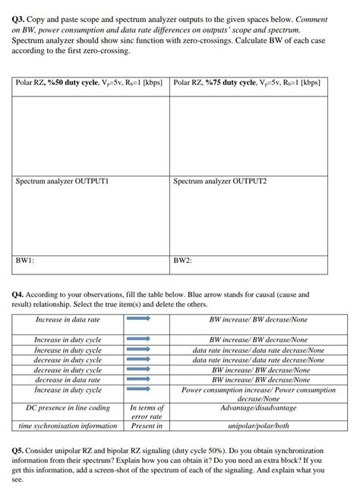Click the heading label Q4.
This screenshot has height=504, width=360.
tap(21, 293)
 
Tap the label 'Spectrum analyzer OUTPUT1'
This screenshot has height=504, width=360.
tap(63, 182)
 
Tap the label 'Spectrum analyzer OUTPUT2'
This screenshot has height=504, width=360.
tap(220, 182)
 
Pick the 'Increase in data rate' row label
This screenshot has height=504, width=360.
tap(68, 320)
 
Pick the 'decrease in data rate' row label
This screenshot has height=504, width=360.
tap(68, 379)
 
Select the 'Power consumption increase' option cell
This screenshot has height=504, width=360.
tap(258, 394)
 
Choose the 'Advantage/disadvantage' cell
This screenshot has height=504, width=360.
tap(258, 408)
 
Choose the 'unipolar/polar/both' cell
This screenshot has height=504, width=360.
tap(258, 426)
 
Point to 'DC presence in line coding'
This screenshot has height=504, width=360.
tap(68, 408)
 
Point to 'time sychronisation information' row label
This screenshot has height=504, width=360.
tap(68, 426)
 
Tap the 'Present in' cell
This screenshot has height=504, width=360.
tap(147, 426)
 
